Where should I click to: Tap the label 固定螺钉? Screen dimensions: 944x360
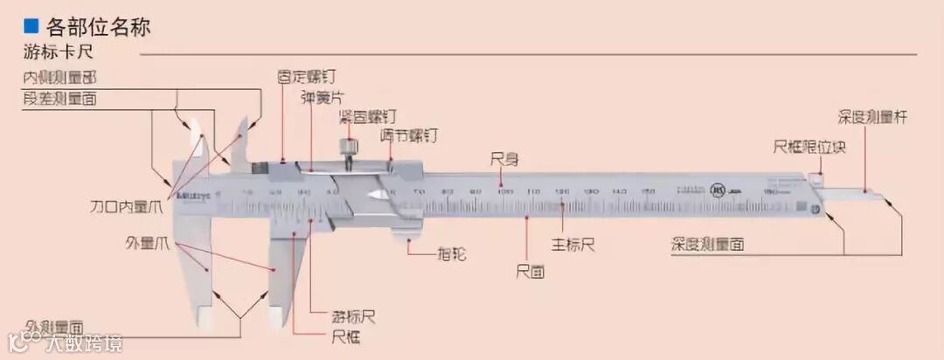point(305,77)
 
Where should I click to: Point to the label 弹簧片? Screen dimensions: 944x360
point(321,98)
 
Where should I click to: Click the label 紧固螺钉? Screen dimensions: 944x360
point(367,116)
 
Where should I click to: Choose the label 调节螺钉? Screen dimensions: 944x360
point(409,136)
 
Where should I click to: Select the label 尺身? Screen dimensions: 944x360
point(504,159)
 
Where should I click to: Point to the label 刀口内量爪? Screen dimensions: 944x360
point(127,208)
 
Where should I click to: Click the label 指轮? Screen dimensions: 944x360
point(451,254)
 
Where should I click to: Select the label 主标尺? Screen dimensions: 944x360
point(573,245)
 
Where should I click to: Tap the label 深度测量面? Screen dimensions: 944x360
point(708,245)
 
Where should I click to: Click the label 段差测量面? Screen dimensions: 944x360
point(60,99)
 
